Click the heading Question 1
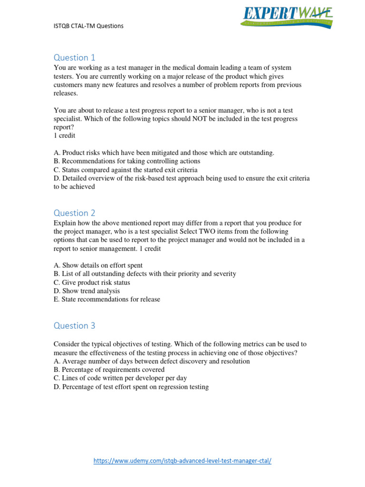(x=75, y=58)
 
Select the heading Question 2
(x=75, y=213)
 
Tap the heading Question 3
(x=75, y=325)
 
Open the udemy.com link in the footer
(x=182, y=461)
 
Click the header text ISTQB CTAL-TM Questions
(x=88, y=26)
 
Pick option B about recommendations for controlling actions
(x=127, y=161)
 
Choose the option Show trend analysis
(x=86, y=291)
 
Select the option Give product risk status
(x=92, y=282)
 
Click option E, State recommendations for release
(x=107, y=299)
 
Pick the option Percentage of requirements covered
(x=109, y=370)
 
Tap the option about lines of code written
(x=120, y=378)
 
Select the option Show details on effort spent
(x=98, y=265)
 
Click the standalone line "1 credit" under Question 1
(x=64, y=136)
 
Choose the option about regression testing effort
(x=131, y=387)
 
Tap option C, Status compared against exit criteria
(x=125, y=170)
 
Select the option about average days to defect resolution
(x=152, y=361)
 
